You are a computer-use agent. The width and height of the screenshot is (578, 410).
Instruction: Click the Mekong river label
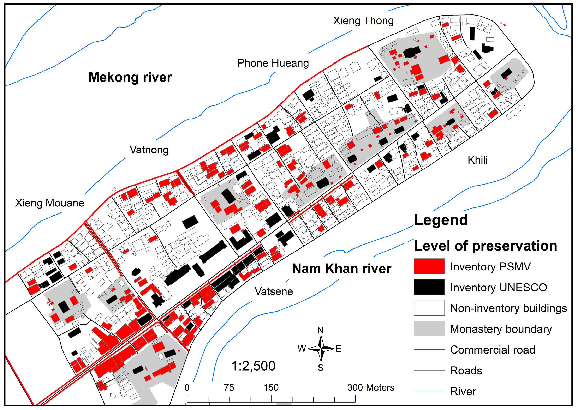[130, 77]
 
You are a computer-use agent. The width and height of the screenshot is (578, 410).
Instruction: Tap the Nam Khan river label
[341, 269]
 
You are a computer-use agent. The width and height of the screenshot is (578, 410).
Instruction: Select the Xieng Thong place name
[363, 21]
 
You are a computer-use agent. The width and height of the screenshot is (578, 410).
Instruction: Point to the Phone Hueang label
[273, 63]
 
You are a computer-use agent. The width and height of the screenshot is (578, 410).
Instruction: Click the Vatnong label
[149, 150]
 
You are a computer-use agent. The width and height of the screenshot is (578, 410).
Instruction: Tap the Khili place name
[477, 160]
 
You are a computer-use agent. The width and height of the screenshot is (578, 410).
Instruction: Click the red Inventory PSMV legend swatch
[429, 266]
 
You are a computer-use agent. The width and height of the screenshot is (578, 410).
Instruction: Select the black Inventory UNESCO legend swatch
[429, 287]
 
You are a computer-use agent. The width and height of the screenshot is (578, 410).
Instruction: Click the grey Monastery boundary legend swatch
[429, 329]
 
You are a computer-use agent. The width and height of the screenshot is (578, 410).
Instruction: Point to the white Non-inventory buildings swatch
[429, 308]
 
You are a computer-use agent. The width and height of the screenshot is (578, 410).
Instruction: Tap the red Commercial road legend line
[429, 350]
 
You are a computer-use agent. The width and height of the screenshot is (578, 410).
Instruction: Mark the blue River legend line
[429, 391]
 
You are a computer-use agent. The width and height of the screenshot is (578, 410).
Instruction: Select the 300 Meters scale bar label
[370, 387]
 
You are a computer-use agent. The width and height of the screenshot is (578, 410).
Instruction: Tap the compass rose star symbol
[321, 349]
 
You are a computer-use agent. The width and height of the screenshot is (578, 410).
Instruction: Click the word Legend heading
[441, 220]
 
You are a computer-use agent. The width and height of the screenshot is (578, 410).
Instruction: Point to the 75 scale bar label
[229, 387]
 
